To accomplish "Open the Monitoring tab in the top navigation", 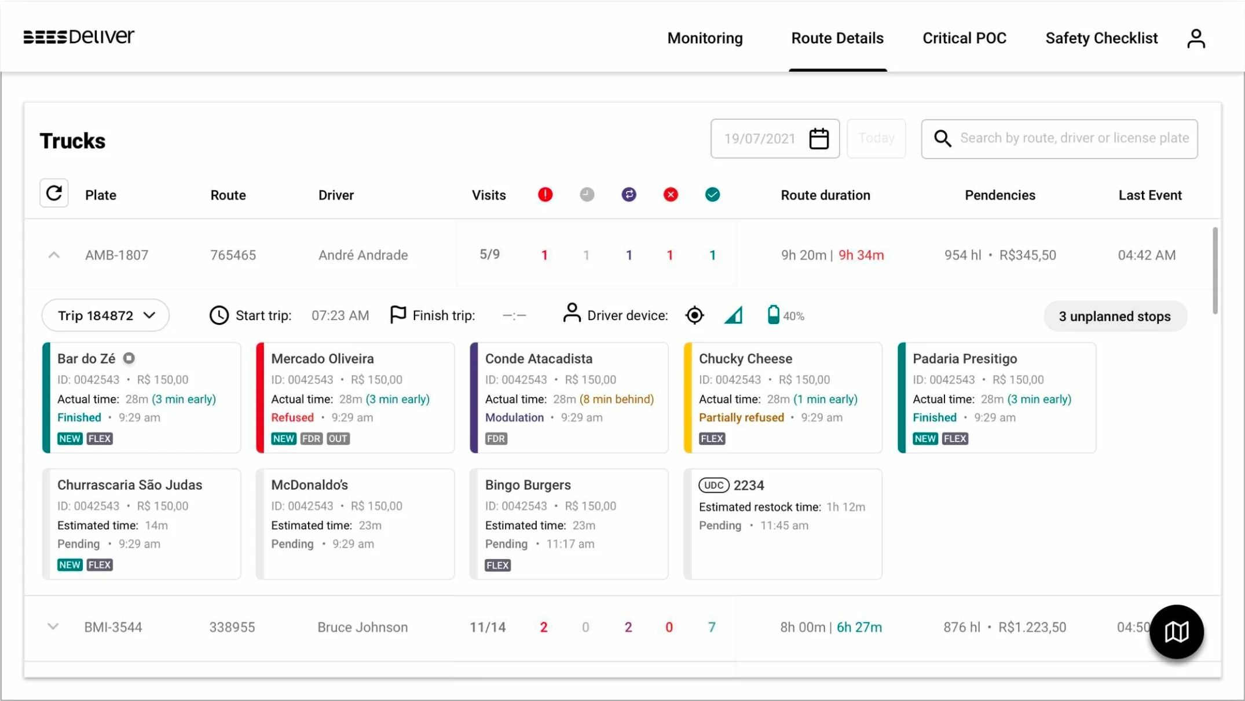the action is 705,38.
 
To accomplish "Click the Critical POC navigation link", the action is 964,38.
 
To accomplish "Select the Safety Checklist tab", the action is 1101,38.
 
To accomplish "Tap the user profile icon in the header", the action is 1196,39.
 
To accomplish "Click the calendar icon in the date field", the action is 819,139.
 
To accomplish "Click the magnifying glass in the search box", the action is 942,138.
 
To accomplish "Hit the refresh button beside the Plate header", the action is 54,193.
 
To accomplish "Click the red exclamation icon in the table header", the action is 545,194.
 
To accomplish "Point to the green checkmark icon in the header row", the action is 712,194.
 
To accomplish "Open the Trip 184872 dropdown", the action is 105,315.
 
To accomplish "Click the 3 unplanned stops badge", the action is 1115,316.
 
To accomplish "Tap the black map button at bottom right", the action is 1176,632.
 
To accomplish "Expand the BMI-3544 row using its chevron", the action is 53,626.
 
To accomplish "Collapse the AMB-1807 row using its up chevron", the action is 54,255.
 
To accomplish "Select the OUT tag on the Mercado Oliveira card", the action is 338,439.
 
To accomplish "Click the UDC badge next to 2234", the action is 713,485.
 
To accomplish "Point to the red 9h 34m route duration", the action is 861,255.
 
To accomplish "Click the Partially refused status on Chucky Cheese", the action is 741,417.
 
